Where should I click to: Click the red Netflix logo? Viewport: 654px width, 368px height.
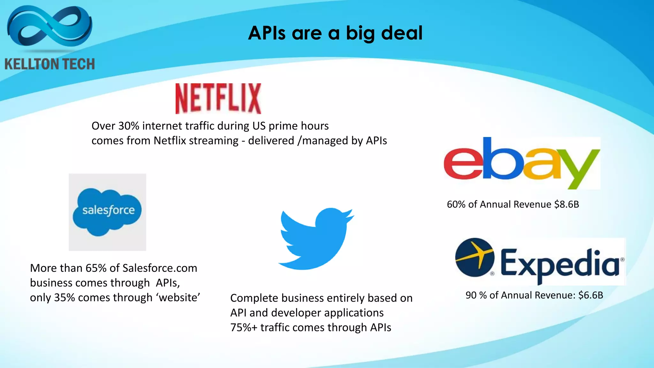(218, 98)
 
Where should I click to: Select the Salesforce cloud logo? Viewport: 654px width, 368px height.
(107, 212)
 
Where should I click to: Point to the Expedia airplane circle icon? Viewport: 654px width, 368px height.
(475, 257)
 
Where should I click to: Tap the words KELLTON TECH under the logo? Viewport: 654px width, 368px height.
(49, 64)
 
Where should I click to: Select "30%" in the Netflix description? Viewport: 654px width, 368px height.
(129, 126)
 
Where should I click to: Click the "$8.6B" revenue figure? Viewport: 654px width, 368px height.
(566, 204)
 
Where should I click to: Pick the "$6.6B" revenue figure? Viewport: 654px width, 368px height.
(590, 295)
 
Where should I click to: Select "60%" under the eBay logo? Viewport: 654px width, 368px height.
(456, 204)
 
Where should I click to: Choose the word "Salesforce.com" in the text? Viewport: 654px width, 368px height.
(160, 268)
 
